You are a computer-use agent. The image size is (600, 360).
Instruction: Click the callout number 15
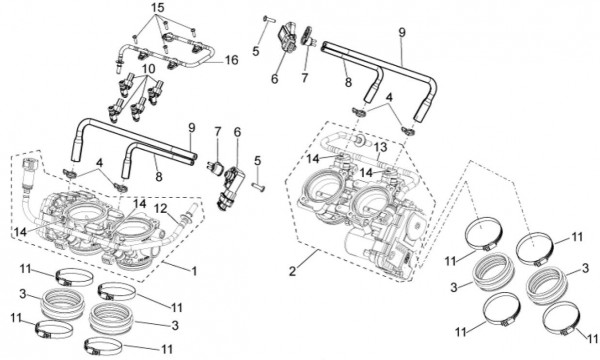click(x=159, y=8)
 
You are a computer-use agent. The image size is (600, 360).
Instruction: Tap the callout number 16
click(x=231, y=60)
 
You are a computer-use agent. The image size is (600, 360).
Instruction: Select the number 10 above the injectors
click(x=148, y=69)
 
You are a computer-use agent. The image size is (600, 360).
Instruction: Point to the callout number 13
click(x=380, y=147)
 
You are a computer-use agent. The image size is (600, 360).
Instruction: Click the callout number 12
click(x=161, y=209)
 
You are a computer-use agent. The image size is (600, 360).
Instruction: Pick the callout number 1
click(x=194, y=271)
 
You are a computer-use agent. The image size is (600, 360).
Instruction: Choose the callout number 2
click(x=292, y=271)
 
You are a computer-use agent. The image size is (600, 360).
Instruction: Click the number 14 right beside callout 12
click(x=139, y=204)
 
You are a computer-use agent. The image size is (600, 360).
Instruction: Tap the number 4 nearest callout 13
click(x=389, y=97)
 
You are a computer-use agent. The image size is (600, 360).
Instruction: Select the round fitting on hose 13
click(x=360, y=140)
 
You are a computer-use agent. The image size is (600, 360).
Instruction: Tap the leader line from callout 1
click(x=176, y=266)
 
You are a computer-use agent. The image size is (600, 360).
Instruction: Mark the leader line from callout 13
click(x=377, y=156)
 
